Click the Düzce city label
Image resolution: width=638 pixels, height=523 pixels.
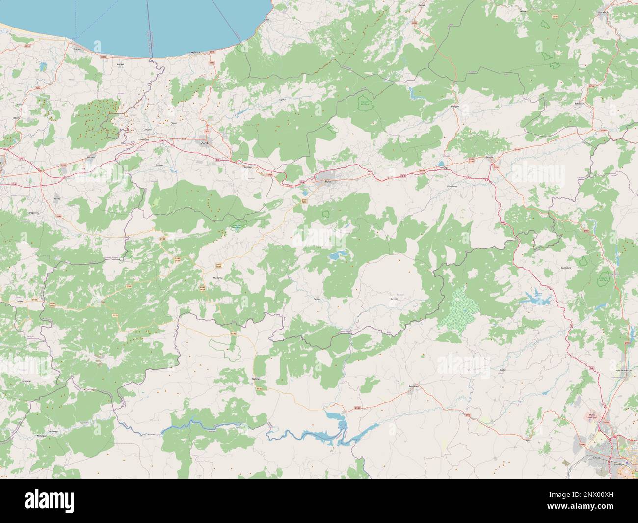(204, 142)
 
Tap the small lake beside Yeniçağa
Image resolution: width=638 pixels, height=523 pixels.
(442, 164)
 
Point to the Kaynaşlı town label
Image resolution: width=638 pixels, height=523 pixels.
(247, 167)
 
